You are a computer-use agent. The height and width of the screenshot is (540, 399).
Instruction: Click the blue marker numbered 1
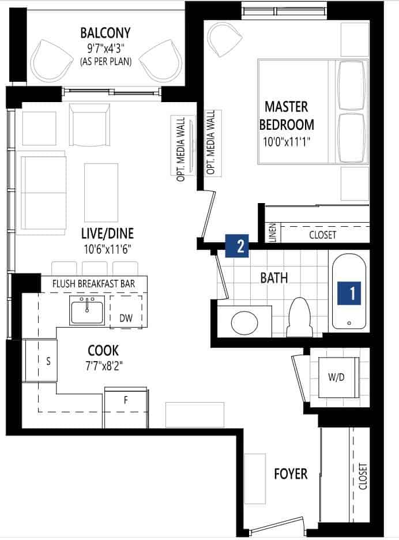pyautogui.click(x=349, y=293)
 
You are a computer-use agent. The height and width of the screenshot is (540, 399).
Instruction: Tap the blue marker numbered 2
pyautogui.click(x=237, y=246)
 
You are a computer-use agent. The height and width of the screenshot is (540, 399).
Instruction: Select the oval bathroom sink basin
pyautogui.click(x=244, y=322)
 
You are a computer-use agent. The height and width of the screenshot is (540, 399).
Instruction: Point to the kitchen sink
pyautogui.click(x=87, y=310)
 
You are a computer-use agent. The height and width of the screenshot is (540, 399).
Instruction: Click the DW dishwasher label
pyautogui.click(x=126, y=318)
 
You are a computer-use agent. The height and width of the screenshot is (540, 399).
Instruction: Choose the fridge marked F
pyautogui.click(x=126, y=408)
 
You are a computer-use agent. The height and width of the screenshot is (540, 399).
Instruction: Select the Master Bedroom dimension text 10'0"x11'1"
pyautogui.click(x=287, y=142)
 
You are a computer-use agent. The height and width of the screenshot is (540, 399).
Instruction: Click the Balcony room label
pyautogui.click(x=106, y=33)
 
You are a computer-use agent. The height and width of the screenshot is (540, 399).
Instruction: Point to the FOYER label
pyautogui.click(x=291, y=474)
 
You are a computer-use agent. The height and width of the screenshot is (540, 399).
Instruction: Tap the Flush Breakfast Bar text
pyautogui.click(x=93, y=284)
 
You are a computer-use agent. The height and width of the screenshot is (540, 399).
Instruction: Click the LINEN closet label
pyautogui.click(x=272, y=233)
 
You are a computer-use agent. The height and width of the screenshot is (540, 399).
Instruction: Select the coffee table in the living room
pyautogui.click(x=101, y=193)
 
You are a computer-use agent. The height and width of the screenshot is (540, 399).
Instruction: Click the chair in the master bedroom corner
pyautogui.click(x=224, y=38)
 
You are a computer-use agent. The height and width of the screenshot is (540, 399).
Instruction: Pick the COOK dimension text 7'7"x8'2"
pyautogui.click(x=104, y=366)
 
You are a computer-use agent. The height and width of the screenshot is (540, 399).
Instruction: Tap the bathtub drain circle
pyautogui.click(x=349, y=323)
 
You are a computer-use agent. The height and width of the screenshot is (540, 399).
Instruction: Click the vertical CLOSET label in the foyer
pyautogui.click(x=363, y=477)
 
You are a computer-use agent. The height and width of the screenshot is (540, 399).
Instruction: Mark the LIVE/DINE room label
pyautogui.click(x=107, y=234)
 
